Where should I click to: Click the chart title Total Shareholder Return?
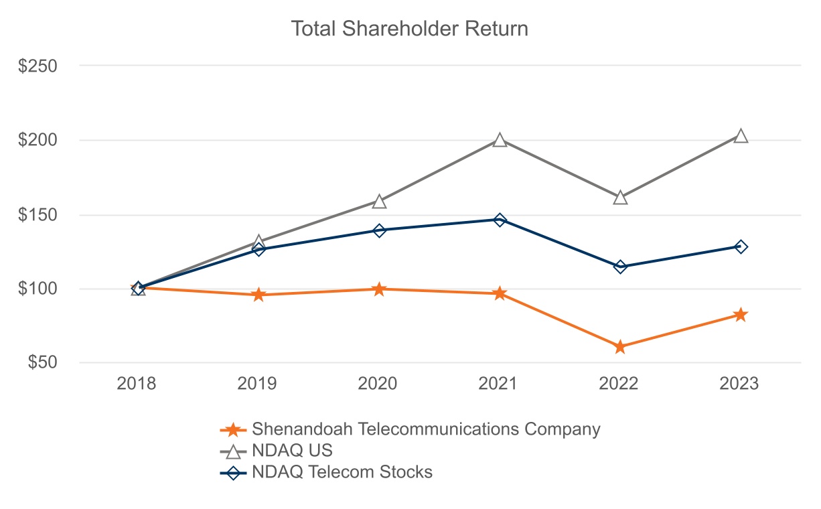(409, 29)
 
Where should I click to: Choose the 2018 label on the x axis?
(137, 384)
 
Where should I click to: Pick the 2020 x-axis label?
(378, 384)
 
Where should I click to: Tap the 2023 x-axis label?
(739, 384)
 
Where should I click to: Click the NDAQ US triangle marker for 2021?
(500, 140)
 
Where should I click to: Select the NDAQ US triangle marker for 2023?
(741, 136)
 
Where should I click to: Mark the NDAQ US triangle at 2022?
(620, 198)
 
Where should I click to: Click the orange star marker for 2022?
(620, 347)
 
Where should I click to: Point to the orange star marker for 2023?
(741, 315)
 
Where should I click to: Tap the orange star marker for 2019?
(258, 295)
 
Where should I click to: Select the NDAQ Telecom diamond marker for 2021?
(500, 220)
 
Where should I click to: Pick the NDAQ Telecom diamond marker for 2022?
(620, 267)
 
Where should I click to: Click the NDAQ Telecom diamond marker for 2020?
(379, 230)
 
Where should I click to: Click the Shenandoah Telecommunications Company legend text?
(426, 429)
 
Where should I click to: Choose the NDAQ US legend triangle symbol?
(233, 451)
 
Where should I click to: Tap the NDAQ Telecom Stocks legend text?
(342, 471)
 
